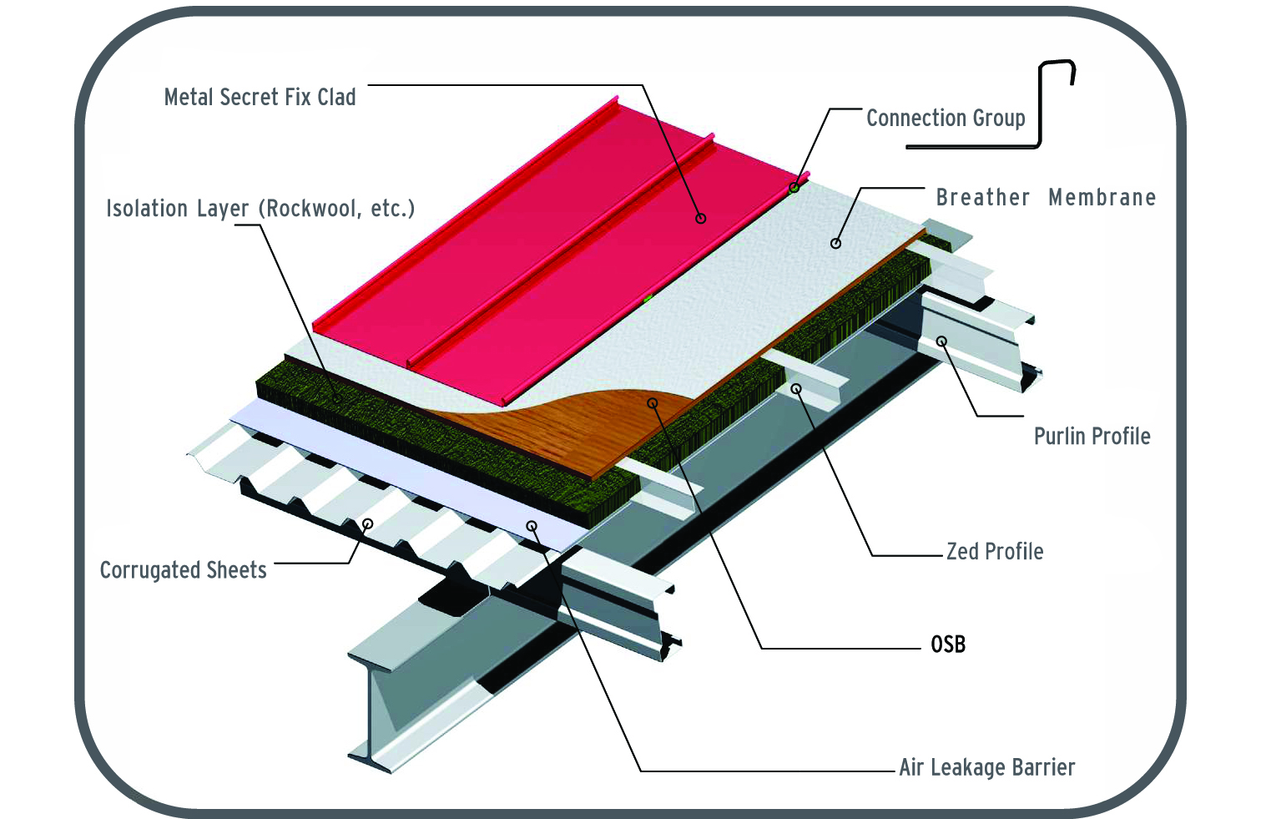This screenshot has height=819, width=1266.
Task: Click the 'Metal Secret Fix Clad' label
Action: (x=260, y=98)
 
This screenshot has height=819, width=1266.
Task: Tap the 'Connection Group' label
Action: (x=946, y=119)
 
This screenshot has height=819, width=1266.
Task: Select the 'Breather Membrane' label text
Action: (x=1046, y=198)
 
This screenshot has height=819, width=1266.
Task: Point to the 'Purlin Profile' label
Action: (x=1092, y=437)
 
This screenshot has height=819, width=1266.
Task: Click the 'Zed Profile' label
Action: (x=995, y=552)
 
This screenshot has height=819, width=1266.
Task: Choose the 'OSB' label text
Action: (x=948, y=645)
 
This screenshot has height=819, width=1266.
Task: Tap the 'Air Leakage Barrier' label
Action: (x=987, y=767)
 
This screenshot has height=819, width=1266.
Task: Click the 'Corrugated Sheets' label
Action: (x=184, y=570)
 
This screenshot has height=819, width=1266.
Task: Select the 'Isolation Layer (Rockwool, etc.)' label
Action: (x=260, y=209)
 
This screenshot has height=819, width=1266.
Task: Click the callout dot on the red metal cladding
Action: (x=701, y=219)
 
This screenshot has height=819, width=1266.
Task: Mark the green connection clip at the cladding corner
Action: (x=794, y=187)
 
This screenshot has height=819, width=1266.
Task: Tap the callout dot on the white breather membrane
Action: (x=835, y=244)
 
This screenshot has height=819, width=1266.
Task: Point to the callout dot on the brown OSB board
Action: (x=653, y=403)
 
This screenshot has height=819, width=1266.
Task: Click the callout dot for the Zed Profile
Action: (x=796, y=389)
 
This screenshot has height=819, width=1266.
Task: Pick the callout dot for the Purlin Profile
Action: (x=941, y=341)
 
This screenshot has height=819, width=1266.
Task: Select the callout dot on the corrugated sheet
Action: (x=367, y=523)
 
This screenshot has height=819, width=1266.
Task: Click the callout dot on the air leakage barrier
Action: (x=532, y=526)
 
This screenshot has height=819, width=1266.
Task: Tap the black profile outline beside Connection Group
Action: (x=1040, y=109)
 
